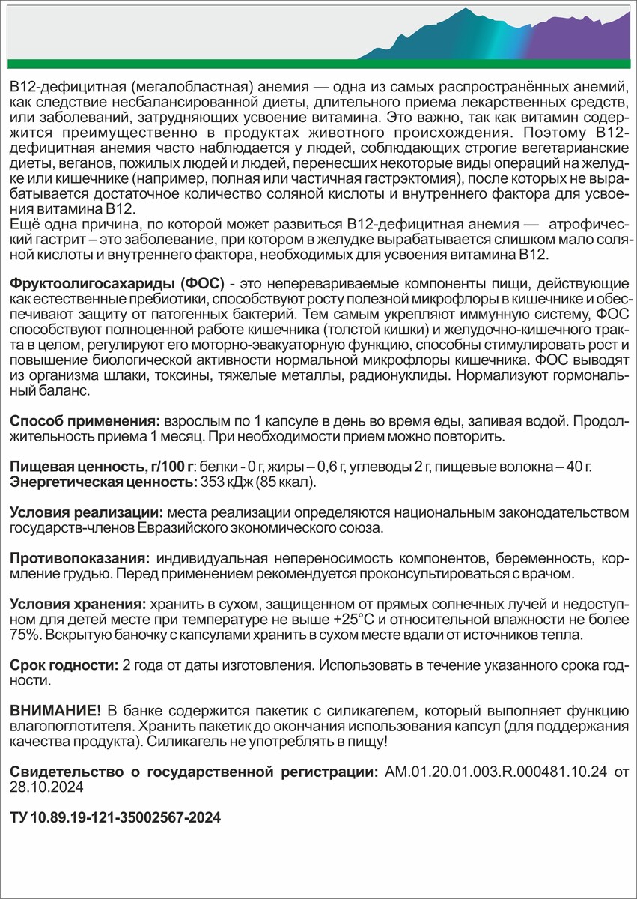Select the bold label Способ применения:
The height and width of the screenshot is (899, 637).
[85, 422]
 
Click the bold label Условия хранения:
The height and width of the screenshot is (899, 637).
[78, 604]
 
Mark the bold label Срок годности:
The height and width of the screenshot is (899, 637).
[64, 666]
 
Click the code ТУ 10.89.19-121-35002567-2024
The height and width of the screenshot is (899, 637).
[115, 819]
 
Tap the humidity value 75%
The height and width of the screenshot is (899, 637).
[24, 635]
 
